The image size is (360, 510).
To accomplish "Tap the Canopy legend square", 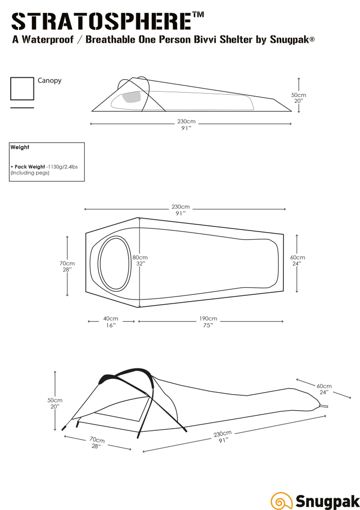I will pyautogui.click(x=22, y=89).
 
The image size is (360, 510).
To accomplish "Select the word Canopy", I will pyautogui.click(x=49, y=81).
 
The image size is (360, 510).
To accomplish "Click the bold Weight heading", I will pyautogui.click(x=20, y=147).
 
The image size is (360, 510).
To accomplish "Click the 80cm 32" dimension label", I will pyautogui.click(x=140, y=260).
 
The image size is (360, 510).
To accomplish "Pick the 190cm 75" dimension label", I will pyautogui.click(x=208, y=322).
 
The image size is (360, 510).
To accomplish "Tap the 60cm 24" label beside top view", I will pyautogui.click(x=297, y=260).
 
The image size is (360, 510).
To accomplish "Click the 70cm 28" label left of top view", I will pyautogui.click(x=67, y=266).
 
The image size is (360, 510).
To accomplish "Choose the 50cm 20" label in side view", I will pyautogui.click(x=299, y=98).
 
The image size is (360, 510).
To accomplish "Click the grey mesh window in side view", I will pyautogui.click(x=132, y=97).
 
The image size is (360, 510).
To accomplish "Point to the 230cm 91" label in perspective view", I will pyautogui.click(x=223, y=437).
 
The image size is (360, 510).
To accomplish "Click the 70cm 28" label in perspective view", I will pyautogui.click(x=97, y=443).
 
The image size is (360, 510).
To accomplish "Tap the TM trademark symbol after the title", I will pyautogui.click(x=199, y=15).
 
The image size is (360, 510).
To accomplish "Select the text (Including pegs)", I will pyautogui.click(x=30, y=173).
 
